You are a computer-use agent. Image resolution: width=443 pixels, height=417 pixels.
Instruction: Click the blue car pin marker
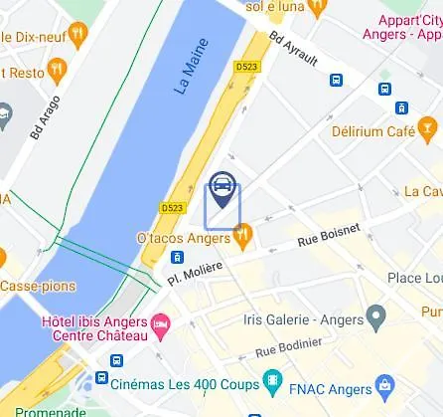click(222, 188)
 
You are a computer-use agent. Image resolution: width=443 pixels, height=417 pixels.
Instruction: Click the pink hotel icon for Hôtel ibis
click(159, 323)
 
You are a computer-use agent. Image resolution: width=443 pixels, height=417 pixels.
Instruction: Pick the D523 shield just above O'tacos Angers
click(172, 208)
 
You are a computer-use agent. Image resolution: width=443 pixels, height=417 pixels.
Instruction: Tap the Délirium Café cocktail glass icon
click(428, 126)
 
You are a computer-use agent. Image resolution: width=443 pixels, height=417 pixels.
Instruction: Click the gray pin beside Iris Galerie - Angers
click(375, 318)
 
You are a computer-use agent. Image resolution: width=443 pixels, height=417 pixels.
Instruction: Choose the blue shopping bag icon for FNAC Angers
click(383, 385)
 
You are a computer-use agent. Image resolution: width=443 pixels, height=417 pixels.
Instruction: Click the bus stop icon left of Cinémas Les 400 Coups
click(101, 379)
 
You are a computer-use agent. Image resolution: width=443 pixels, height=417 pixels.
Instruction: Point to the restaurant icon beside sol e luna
click(317, 9)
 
